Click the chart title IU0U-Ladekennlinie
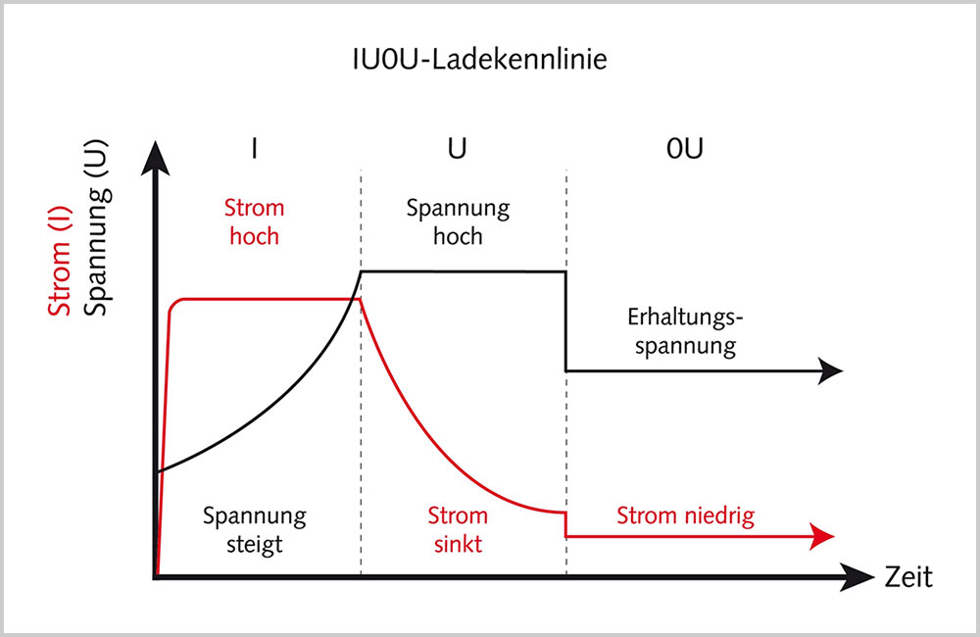479,60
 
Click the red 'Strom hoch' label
254,221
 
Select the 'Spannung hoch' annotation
458,221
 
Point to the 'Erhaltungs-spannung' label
680,331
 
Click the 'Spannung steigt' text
255,529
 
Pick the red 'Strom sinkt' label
458,529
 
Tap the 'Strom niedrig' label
686,516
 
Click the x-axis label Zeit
908,577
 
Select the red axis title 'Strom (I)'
61,251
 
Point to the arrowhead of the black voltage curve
831,369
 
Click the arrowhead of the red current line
821,536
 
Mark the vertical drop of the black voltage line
565,321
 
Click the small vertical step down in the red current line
565,524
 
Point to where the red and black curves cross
354,297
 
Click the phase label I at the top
254,149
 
